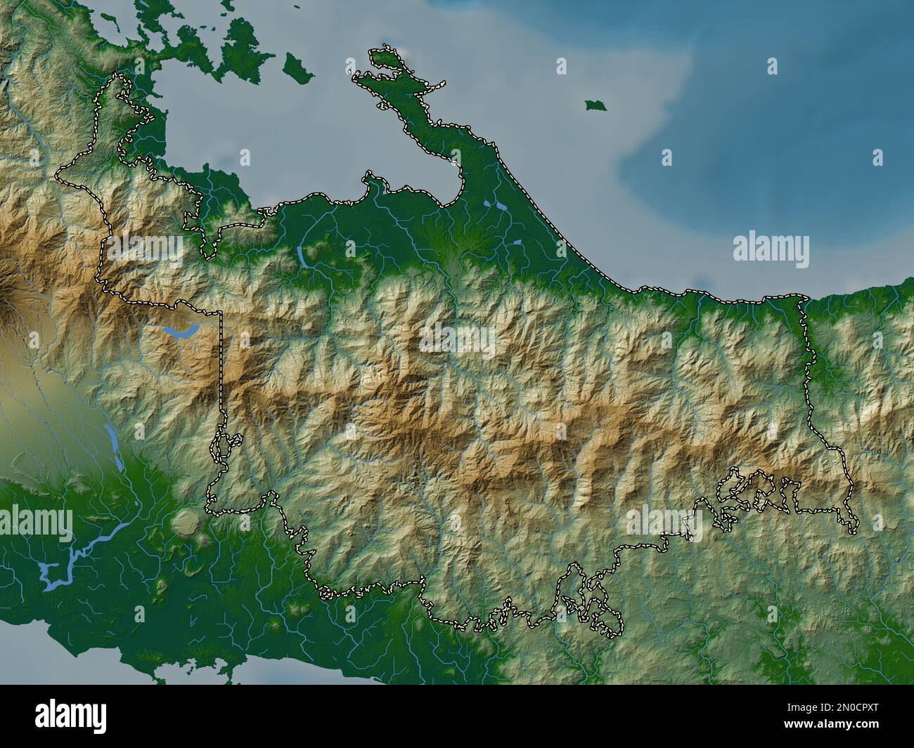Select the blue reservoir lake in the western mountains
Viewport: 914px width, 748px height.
click(181, 331)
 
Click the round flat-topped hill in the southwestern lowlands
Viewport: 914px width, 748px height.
click(185, 521)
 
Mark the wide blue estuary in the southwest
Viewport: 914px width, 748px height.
click(77, 555)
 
